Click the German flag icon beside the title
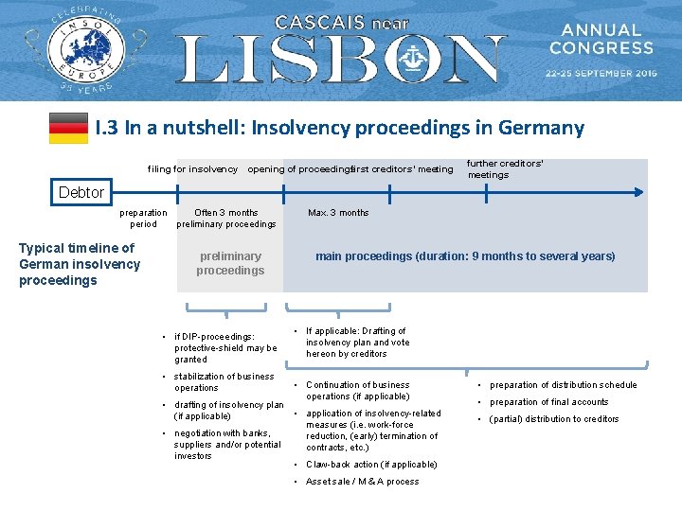coord(68,128)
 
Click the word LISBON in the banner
coord(341,60)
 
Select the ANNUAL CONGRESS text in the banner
coord(601,39)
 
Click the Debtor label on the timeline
coord(81,192)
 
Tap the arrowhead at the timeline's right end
coord(638,192)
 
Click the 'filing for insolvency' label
coord(192,169)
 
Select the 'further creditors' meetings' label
coord(506,168)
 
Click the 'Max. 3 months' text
coord(338,213)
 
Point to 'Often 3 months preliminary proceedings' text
coord(226,219)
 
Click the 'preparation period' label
coord(143,219)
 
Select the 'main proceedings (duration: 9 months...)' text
coord(465,256)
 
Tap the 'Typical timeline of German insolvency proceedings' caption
coord(79,264)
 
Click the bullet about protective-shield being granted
coord(225,347)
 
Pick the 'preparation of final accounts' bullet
coord(548,402)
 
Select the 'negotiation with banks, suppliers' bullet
coord(227,445)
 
